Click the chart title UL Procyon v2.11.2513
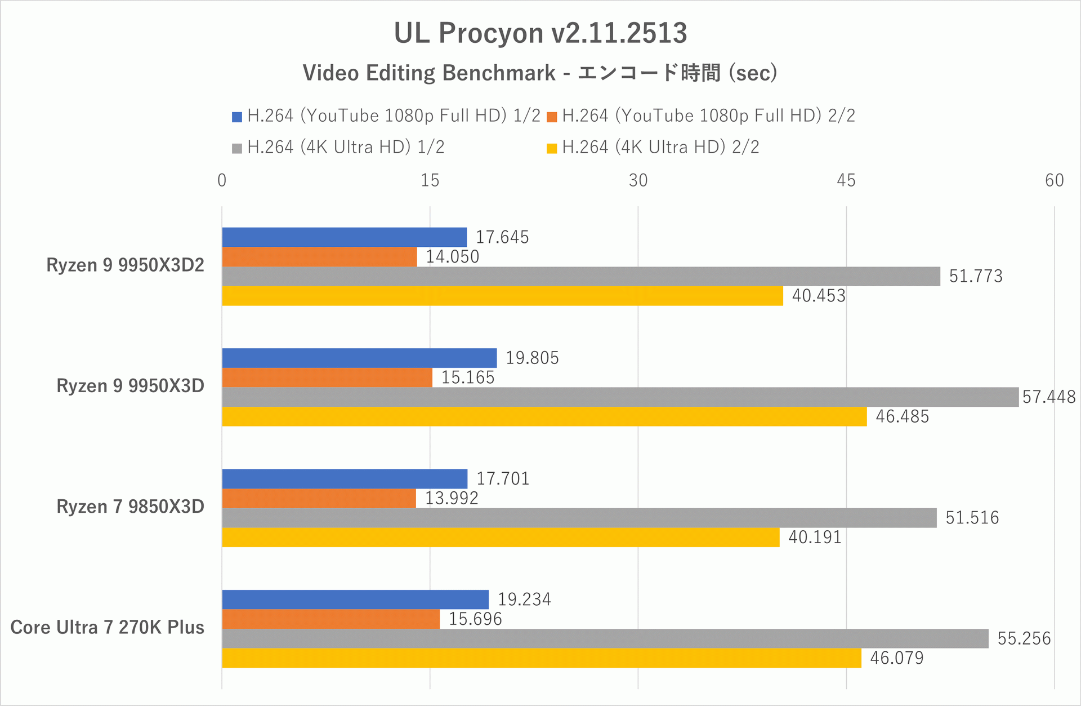click(540, 33)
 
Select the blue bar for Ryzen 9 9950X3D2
click(344, 237)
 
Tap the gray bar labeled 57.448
click(620, 397)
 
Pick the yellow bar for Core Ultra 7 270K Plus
click(541, 658)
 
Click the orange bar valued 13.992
click(319, 498)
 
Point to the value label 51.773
click(975, 276)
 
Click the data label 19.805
click(531, 358)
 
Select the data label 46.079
click(896, 658)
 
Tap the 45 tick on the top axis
click(846, 180)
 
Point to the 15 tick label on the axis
click(430, 180)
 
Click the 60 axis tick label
click(1054, 180)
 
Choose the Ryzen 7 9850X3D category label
click(130, 507)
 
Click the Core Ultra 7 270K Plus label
click(107, 627)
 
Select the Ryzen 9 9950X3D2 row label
click(125, 265)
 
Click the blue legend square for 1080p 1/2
click(237, 117)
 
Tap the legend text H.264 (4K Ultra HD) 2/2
click(660, 148)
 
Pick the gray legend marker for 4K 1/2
click(237, 148)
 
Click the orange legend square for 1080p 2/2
click(552, 117)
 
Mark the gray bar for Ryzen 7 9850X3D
click(579, 518)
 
